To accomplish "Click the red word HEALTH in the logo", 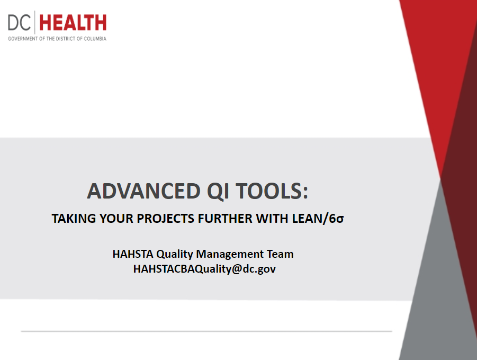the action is click(73, 23).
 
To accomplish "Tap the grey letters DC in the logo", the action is click(19, 23).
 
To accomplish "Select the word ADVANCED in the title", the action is click(143, 191).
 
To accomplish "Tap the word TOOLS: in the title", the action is click(272, 191).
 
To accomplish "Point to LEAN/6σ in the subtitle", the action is click(318, 219).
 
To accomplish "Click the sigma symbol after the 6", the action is click(340, 220).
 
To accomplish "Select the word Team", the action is click(280, 254).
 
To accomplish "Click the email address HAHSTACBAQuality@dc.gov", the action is click(204, 269).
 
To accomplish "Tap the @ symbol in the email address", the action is click(236, 269).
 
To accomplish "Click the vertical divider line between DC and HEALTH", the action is click(35, 22).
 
